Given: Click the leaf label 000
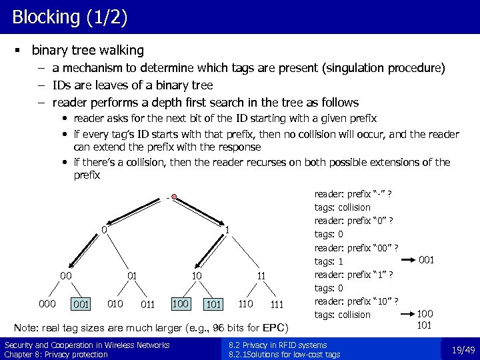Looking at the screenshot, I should pyautogui.click(x=47, y=305).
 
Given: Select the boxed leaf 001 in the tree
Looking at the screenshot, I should pyautogui.click(x=81, y=305).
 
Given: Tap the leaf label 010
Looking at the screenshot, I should pyautogui.click(x=115, y=305).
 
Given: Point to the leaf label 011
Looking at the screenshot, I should pyautogui.click(x=149, y=305).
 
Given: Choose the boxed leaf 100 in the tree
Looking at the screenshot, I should pyautogui.click(x=181, y=304).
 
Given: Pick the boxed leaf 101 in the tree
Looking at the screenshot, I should pyautogui.click(x=214, y=305).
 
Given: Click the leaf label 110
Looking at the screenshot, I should pyautogui.click(x=245, y=305).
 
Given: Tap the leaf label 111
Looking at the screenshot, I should pyautogui.click(x=277, y=305).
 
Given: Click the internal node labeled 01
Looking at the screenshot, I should pyautogui.click(x=132, y=275).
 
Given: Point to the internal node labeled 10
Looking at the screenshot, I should pyautogui.click(x=197, y=275).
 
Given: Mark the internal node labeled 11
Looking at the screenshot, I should pyautogui.click(x=262, y=275).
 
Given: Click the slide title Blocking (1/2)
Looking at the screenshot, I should pyautogui.click(x=69, y=17).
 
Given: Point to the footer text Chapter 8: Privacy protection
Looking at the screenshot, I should pyautogui.click(x=56, y=355).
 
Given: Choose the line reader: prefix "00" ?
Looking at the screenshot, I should pyautogui.click(x=356, y=248).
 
